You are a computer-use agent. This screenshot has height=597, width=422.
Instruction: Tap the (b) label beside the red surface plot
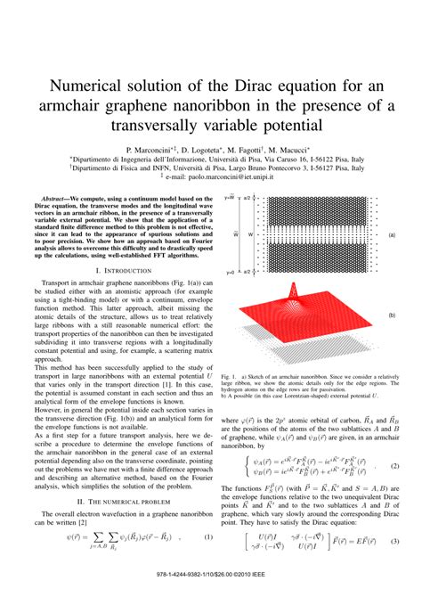pos(391,315)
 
